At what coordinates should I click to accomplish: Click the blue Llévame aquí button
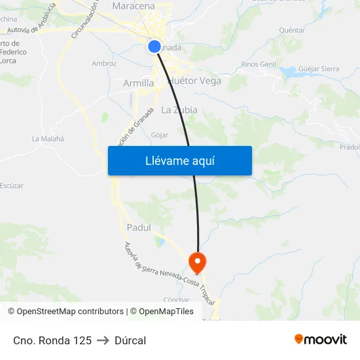click(179, 160)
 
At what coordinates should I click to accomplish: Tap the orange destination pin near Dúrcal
click(197, 262)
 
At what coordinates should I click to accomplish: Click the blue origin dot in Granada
click(154, 46)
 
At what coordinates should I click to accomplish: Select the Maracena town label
click(134, 6)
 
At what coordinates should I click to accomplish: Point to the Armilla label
click(139, 83)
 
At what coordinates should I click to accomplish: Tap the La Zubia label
click(179, 110)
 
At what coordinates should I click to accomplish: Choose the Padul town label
click(138, 227)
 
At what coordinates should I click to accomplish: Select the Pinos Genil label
click(259, 64)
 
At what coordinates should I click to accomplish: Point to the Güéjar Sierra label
click(319, 69)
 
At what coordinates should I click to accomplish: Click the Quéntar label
click(292, 30)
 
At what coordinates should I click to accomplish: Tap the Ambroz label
click(105, 63)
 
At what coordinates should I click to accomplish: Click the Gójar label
click(160, 135)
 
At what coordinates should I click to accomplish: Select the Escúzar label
click(12, 185)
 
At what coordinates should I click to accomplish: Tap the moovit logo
click(321, 340)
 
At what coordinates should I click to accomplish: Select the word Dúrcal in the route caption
click(130, 340)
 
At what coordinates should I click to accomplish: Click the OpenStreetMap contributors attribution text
click(70, 312)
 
